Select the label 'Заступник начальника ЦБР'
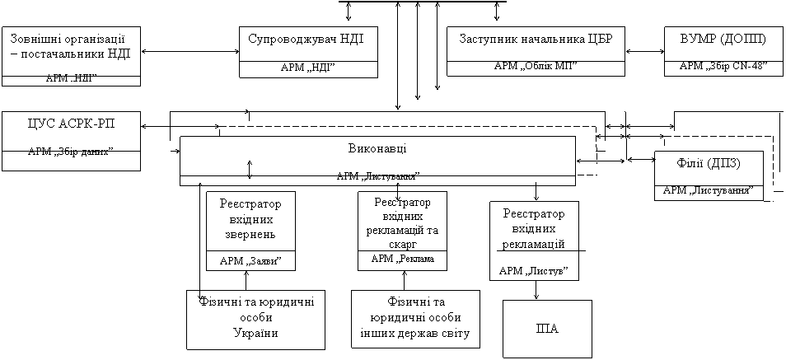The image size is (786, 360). coord(536,40)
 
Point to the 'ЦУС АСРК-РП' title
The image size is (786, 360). coord(71,124)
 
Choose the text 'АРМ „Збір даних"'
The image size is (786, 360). coord(71,152)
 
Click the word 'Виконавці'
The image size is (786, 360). coord(377,148)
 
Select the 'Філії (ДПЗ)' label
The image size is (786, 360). coord(709,163)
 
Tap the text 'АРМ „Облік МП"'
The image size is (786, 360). coord(536,66)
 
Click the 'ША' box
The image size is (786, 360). coord(547,330)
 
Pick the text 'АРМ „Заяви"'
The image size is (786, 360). coord(250,261)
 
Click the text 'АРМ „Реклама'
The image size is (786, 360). coord(402,259)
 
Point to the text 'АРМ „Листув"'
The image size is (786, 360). coord(533,270)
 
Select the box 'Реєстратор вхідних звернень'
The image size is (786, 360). coord(250,219)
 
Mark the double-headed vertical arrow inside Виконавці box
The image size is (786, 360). coord(250,168)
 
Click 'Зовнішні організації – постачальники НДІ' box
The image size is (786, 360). coord(71,47)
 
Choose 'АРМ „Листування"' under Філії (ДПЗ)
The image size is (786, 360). coord(709,190)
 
